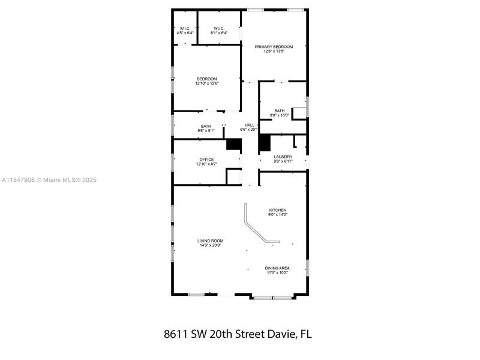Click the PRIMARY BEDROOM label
274,47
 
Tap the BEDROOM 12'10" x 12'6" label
206,79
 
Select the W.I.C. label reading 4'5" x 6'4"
185,28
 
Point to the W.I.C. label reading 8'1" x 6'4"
218,28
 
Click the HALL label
249,125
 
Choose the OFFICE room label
206,160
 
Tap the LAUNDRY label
283,157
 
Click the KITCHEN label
277,210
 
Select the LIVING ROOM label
210,241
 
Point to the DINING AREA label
277,268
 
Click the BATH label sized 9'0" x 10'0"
280,111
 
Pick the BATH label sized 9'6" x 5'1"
206,126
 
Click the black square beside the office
233,144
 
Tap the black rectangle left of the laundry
264,143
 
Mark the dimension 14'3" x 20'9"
210,245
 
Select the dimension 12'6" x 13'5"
274,51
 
